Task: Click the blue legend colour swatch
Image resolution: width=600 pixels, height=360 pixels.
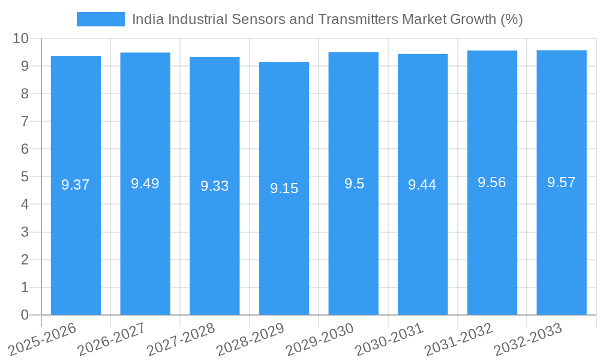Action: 100,19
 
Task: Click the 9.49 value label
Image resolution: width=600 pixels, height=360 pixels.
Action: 145,184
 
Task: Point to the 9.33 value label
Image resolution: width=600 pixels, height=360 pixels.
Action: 215,186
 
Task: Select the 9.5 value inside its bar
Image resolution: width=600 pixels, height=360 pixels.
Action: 354,184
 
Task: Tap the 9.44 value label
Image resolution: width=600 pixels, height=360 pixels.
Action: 422,185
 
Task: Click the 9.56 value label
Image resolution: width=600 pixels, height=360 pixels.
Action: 492,182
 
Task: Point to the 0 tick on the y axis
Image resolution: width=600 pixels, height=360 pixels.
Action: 25,315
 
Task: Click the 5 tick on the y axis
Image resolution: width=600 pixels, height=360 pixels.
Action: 25,176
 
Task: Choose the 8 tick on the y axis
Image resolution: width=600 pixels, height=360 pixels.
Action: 25,94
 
